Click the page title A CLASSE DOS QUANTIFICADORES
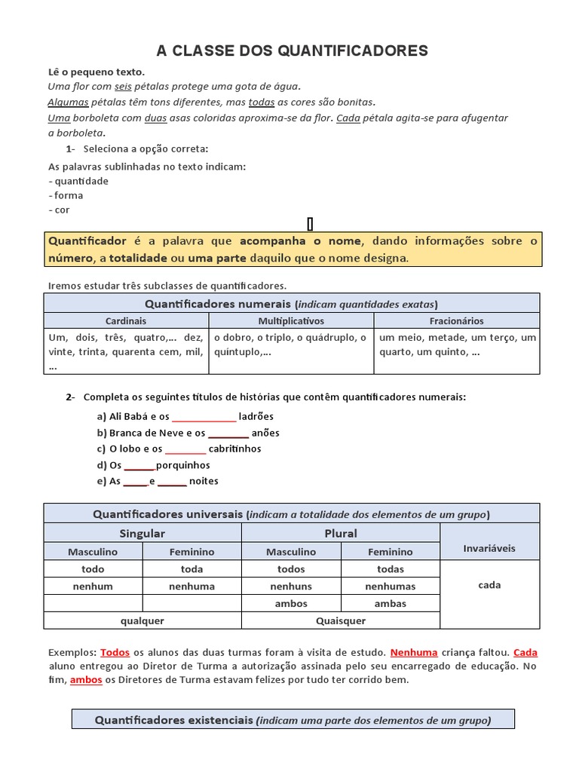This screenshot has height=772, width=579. pos(292,51)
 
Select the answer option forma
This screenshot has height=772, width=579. pos(69,195)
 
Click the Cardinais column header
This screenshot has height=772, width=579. pos(126,321)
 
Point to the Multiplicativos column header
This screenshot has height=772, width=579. pos(291,321)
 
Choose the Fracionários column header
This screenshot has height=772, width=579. pos(457,321)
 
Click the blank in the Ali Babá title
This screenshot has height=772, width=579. pos(204,417)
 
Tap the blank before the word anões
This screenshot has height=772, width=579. pos(228,433)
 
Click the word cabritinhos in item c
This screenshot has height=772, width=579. pos(234,449)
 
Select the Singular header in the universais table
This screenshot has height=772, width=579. pos(142,534)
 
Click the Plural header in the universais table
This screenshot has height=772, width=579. pos(341,534)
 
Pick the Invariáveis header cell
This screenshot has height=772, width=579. pos(489,549)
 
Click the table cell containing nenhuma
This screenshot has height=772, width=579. pos(191,587)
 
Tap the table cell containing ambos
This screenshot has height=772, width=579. pos(291,604)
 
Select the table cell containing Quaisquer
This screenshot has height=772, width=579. pos(341,621)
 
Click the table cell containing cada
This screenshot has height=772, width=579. pos(489,586)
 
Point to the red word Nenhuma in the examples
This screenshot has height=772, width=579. pos(414,653)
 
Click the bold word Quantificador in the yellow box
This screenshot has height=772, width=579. pos(87,241)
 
